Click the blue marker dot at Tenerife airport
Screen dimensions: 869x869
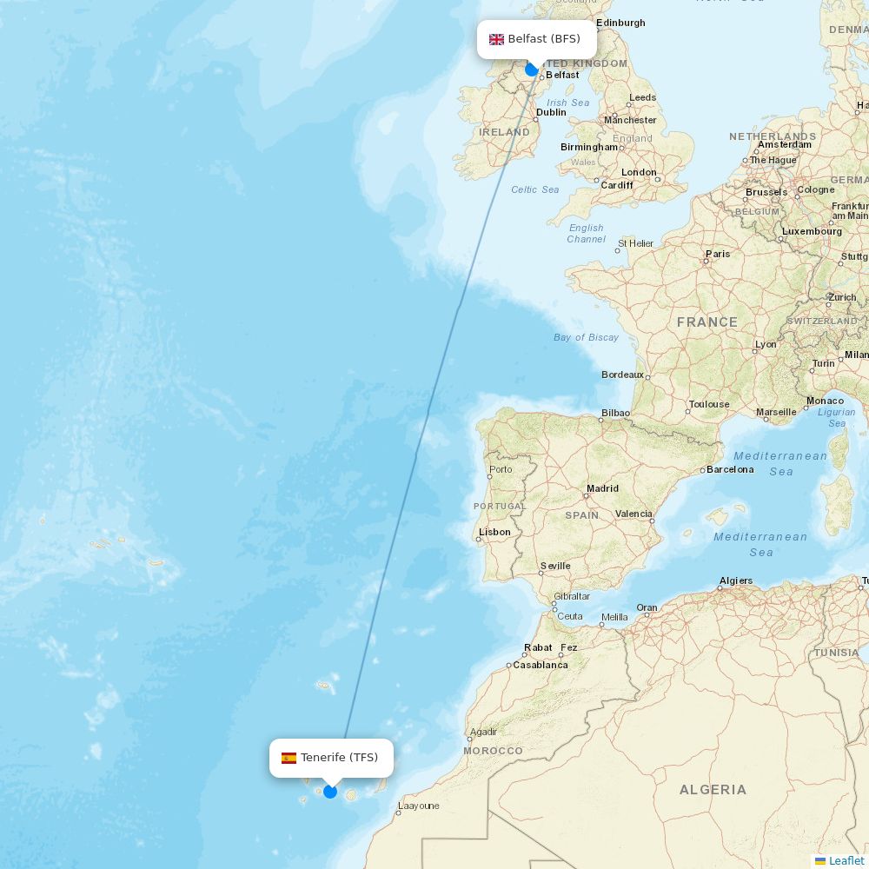coord(330,791)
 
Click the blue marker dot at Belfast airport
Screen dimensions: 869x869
coord(532,70)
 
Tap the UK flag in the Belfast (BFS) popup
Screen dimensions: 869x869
coord(497,39)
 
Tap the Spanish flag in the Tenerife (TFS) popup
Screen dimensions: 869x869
coord(289,758)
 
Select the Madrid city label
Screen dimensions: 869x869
coord(602,488)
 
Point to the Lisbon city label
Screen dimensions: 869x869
coord(494,532)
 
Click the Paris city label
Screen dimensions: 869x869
coord(718,254)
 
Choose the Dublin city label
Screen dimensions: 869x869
coord(551,112)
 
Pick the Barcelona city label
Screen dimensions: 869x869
coord(730,469)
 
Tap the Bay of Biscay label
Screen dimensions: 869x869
coord(586,337)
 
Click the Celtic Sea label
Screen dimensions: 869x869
coord(535,189)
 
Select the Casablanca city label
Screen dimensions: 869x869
coord(541,665)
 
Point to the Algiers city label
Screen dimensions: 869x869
coord(736,580)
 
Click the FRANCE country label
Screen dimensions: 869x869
coord(707,322)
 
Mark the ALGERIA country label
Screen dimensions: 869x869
coord(713,790)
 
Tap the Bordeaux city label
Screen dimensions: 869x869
coord(622,375)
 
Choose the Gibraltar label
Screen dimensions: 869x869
coord(572,596)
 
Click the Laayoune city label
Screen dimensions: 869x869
coord(418,806)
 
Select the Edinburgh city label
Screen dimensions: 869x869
coord(620,23)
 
